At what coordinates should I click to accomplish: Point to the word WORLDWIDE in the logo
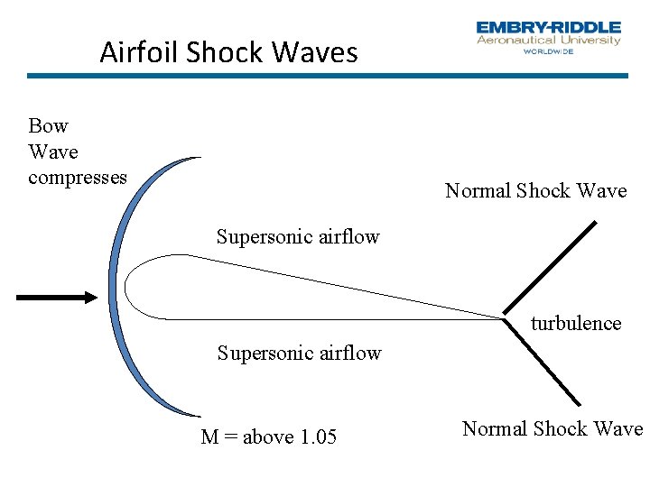click(x=548, y=51)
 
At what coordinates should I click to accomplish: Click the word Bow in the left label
click(x=48, y=125)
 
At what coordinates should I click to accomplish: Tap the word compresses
click(x=78, y=177)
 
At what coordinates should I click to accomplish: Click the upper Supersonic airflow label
click(x=298, y=237)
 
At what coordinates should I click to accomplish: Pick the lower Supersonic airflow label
click(x=299, y=353)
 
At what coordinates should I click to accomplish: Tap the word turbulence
click(x=576, y=323)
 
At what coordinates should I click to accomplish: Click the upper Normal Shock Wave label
click(x=535, y=190)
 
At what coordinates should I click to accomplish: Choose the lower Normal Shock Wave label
click(x=552, y=428)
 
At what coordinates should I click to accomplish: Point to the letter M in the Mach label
click(x=209, y=437)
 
